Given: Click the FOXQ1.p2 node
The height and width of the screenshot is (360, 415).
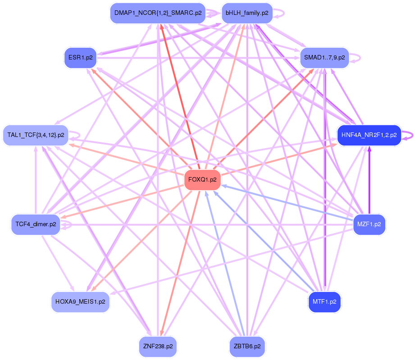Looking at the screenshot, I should point(202,179).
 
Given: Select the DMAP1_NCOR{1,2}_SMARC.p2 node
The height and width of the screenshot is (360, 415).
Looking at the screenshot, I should point(158,13).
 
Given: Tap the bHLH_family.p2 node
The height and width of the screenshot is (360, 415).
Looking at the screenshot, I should point(247,13).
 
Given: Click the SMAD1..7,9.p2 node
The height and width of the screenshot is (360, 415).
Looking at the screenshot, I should point(324,58).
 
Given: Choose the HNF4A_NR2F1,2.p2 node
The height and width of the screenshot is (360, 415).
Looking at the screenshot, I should point(369,135).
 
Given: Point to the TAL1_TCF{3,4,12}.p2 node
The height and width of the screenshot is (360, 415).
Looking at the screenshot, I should point(36,135).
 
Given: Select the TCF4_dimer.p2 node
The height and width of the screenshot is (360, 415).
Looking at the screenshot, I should point(36,224).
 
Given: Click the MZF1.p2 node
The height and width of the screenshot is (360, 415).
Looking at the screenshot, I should point(369,224).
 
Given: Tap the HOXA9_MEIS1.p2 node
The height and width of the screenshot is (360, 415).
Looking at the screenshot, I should point(80,301).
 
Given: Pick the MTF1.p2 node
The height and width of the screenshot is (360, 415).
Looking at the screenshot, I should point(324,301).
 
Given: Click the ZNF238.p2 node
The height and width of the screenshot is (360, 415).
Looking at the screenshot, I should point(158,346).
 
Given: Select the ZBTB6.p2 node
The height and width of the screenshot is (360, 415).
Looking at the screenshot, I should point(247,346).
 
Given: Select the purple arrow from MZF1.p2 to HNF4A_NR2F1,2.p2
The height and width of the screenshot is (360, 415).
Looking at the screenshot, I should point(369,180).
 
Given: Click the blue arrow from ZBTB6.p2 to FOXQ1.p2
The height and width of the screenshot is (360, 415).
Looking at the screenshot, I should point(225,266).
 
